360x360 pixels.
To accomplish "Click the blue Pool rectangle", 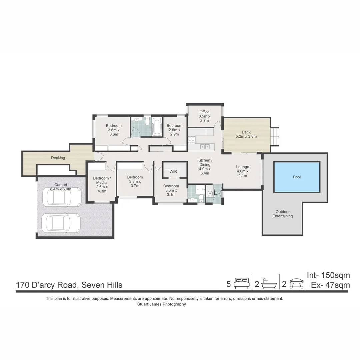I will click(297, 177).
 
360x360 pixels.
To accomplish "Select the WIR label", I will click(173, 172).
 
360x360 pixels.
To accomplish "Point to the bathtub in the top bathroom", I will click(156, 126).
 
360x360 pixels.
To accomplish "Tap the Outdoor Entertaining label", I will click(283, 214).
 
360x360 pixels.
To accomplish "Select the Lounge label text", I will click(243, 167).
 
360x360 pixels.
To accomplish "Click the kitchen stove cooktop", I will click(191, 140).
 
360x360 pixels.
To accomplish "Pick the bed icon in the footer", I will click(241, 284).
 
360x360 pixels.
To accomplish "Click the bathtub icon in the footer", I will click(269, 284).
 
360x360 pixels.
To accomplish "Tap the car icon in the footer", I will click(296, 284).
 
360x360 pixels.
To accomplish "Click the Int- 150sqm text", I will click(328, 275).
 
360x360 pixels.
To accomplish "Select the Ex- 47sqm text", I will click(330, 285).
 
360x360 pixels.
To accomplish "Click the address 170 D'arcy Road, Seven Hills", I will click(69, 285).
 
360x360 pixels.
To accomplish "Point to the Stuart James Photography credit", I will click(162, 304).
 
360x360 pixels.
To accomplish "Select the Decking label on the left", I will click(58, 158).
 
